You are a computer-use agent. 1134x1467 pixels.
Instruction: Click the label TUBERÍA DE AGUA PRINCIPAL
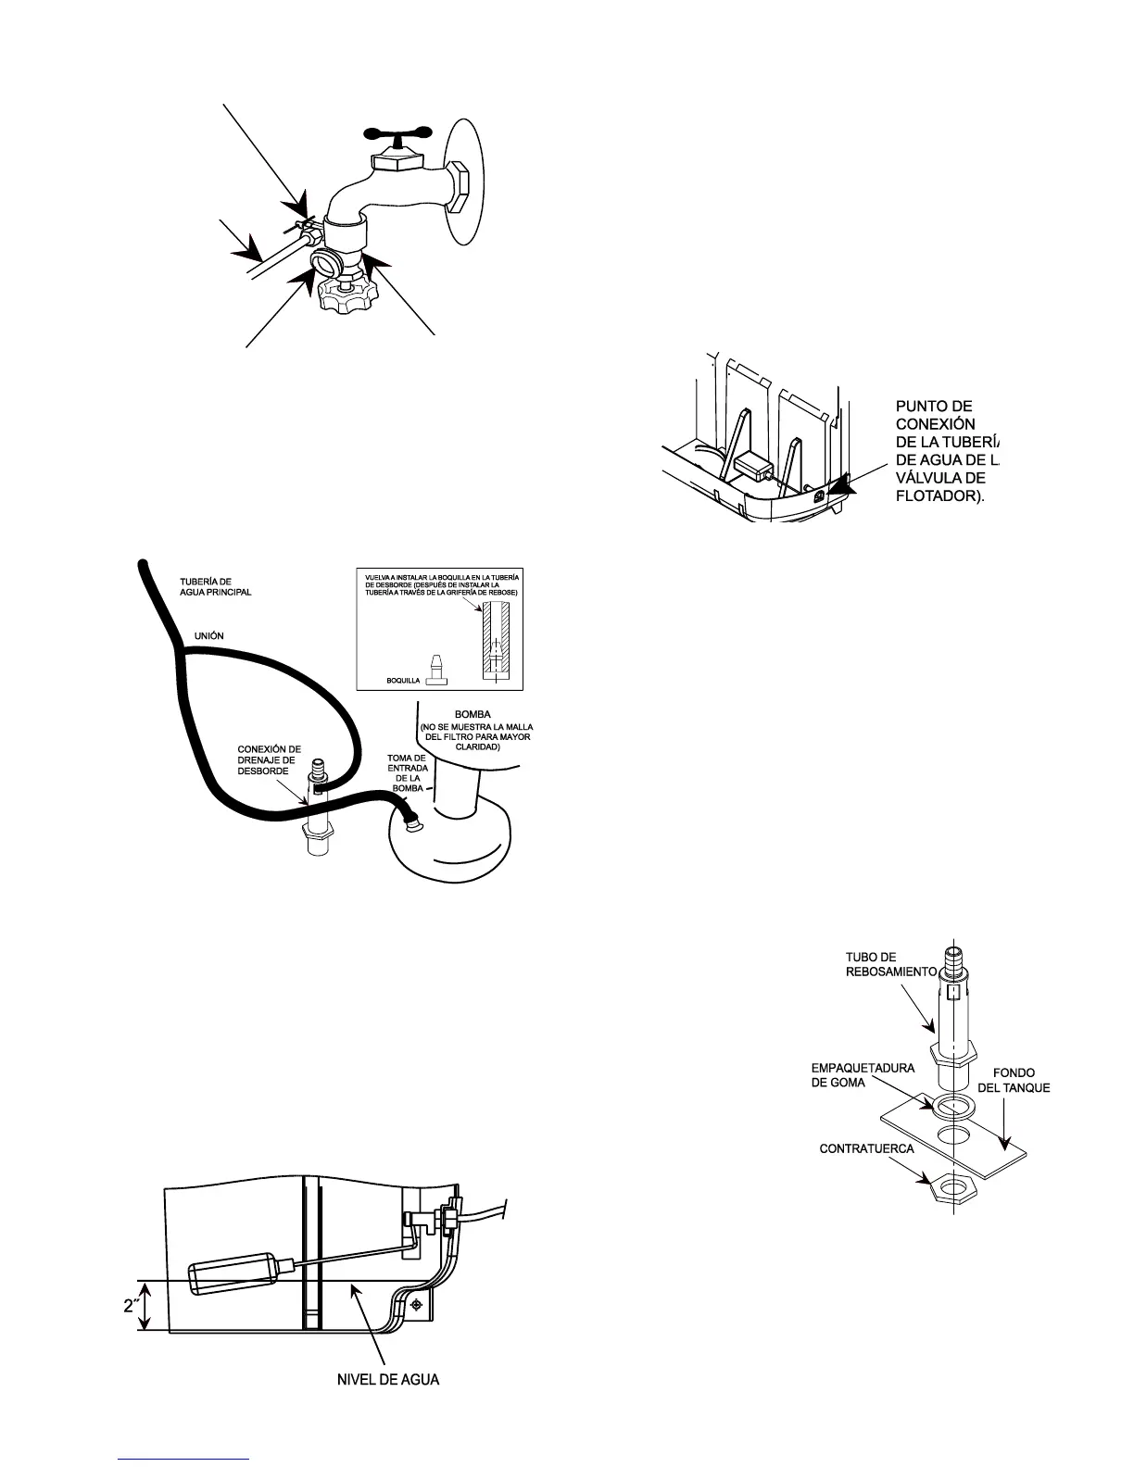(x=215, y=587)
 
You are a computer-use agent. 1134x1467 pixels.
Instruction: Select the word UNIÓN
(x=208, y=636)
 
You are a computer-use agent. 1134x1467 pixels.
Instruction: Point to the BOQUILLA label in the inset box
(x=403, y=680)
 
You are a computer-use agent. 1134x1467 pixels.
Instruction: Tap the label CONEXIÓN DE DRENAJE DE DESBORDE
(x=270, y=760)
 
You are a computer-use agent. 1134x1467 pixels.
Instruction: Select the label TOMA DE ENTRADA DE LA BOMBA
(x=406, y=773)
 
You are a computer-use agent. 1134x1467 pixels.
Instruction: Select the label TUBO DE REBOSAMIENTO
(x=891, y=964)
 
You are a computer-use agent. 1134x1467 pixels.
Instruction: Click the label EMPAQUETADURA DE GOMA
(x=863, y=1075)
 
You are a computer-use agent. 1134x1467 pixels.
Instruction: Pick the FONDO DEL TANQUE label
(x=1014, y=1080)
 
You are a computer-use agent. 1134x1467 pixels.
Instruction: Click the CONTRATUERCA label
(x=866, y=1149)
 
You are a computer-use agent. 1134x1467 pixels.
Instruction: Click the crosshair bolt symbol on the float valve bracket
(x=418, y=1304)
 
